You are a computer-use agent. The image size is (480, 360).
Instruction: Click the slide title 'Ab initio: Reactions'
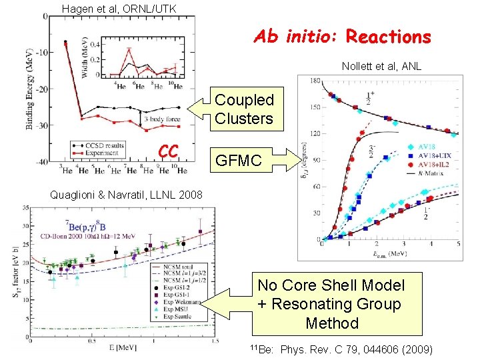point(342,37)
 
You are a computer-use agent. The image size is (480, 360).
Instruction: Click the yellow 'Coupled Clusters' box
point(244,109)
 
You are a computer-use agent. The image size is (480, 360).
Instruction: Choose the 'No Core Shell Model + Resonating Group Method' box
point(331,305)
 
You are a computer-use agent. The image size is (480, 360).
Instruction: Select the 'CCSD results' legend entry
point(109,145)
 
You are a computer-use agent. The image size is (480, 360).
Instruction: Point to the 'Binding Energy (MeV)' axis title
point(31,94)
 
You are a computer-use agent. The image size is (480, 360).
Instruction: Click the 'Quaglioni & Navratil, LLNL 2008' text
point(127,195)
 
